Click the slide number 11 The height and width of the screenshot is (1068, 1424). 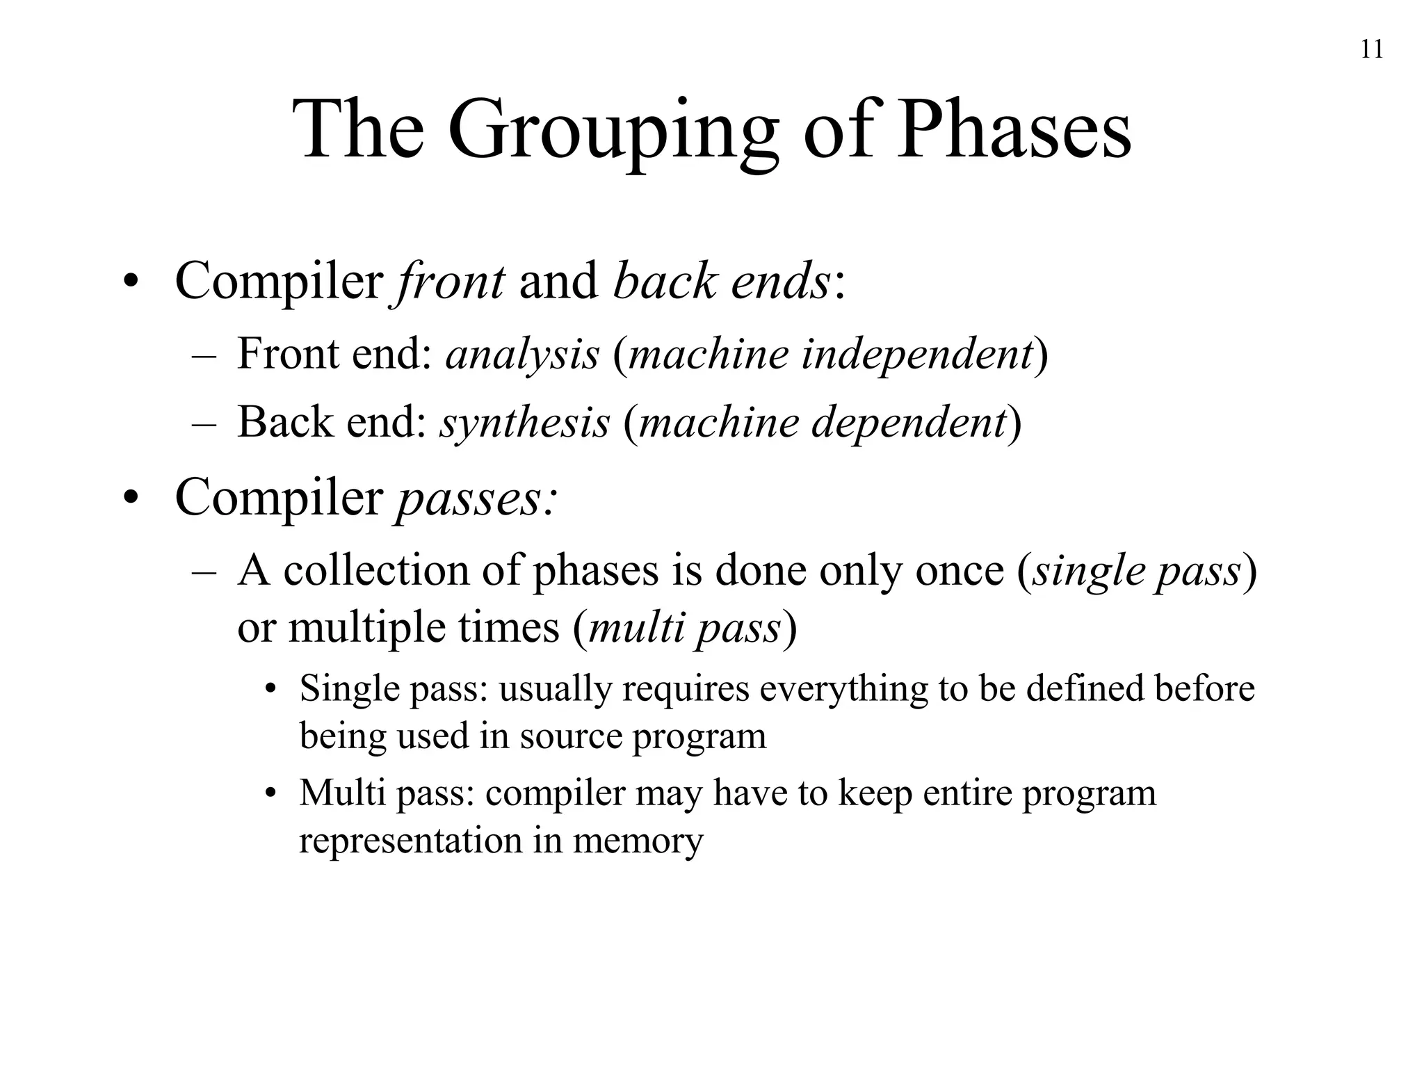[1371, 50]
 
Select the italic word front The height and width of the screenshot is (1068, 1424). [451, 282]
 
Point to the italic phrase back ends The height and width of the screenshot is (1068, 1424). [722, 282]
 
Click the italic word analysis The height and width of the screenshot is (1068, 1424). [522, 354]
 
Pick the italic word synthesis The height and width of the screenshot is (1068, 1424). [524, 422]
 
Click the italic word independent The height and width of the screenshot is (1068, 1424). [916, 354]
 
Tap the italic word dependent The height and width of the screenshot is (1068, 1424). [908, 422]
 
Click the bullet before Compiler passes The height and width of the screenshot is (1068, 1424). [130, 500]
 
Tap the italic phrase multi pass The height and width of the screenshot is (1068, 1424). [684, 628]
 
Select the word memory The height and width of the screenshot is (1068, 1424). [638, 841]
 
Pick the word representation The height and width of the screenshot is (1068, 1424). [410, 841]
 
